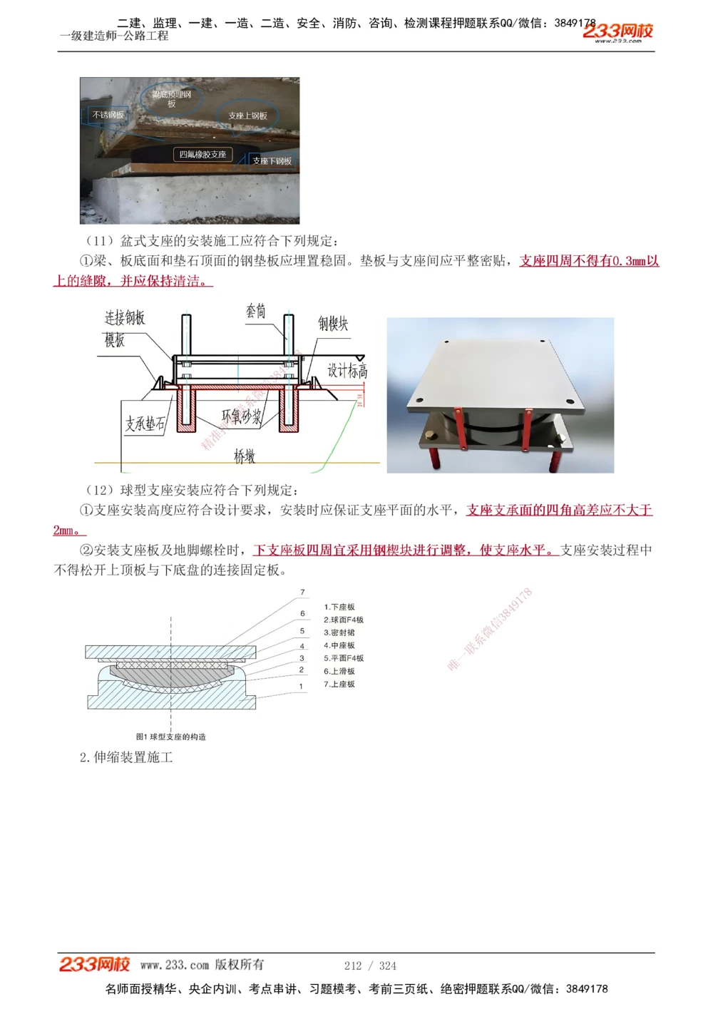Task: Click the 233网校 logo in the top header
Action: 617,31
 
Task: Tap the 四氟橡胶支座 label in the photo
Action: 202,154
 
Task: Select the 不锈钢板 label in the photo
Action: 108,115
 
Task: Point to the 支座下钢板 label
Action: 272,161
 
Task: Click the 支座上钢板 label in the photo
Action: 247,116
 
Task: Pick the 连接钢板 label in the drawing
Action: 125,318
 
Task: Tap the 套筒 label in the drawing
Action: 256,311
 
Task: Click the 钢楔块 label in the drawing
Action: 333,324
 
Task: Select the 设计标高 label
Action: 347,371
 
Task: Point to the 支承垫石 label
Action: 145,424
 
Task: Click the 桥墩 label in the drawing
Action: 245,456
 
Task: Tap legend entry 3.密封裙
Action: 339,632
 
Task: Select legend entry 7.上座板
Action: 339,684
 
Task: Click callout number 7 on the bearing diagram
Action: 302,593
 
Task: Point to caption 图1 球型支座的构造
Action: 171,737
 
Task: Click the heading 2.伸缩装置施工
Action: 126,757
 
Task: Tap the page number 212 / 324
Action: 370,966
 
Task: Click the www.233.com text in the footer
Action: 175,965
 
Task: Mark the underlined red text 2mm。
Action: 69,530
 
